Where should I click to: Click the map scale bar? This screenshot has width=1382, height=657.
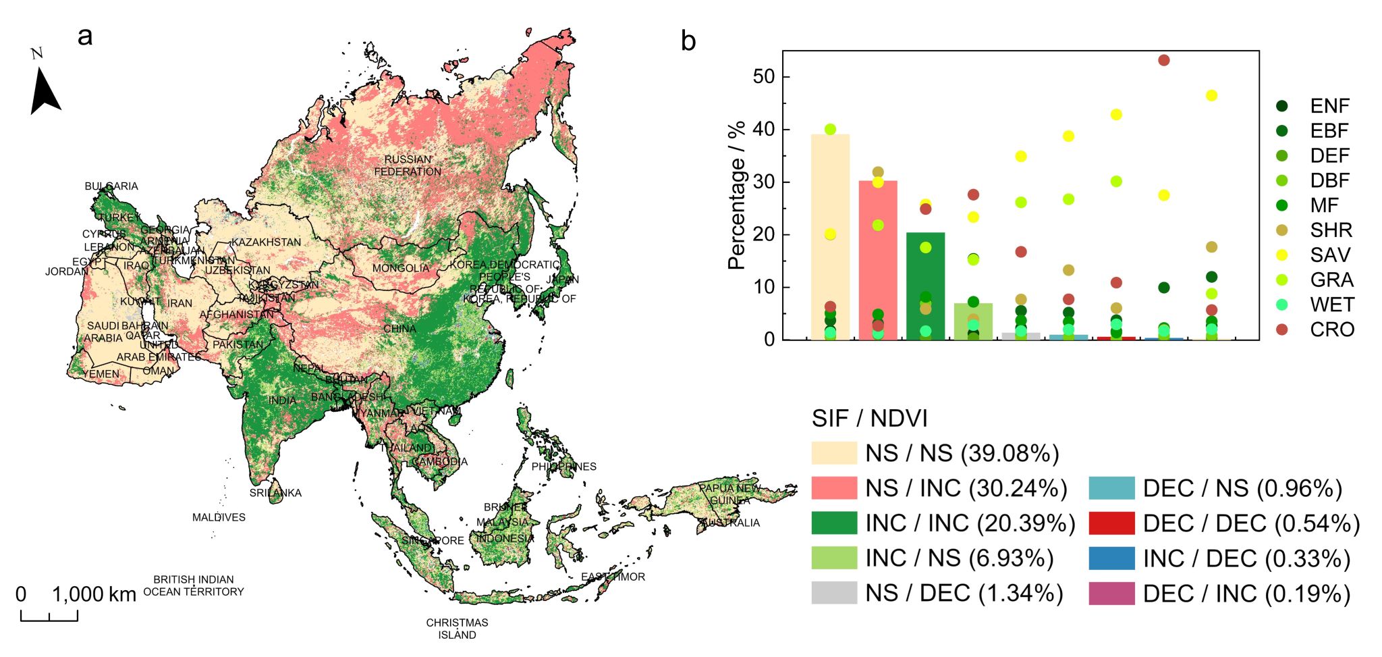coord(49,615)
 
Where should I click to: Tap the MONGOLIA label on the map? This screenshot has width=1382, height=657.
coord(401,268)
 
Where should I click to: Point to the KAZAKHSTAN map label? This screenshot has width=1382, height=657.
coord(266,242)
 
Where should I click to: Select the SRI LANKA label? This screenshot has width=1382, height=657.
coord(275,493)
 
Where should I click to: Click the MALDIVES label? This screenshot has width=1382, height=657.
coord(219,517)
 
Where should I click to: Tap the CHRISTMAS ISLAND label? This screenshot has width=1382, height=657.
coord(457,629)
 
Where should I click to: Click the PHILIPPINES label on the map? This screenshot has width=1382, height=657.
coord(563,467)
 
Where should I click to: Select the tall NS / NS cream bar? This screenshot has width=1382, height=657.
coord(830,236)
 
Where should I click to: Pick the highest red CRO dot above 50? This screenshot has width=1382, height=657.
coord(1163,60)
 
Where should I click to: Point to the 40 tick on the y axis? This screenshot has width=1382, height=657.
coord(764,130)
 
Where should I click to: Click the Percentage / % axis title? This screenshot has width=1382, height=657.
coord(736,196)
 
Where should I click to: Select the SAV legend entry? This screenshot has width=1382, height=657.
coord(1330,255)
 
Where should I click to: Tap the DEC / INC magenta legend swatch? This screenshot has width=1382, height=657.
coord(1111,594)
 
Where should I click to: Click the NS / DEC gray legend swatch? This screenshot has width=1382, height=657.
coord(834,593)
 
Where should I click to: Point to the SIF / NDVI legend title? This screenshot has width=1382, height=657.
coord(869,419)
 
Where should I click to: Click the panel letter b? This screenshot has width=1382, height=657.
coord(688,41)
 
